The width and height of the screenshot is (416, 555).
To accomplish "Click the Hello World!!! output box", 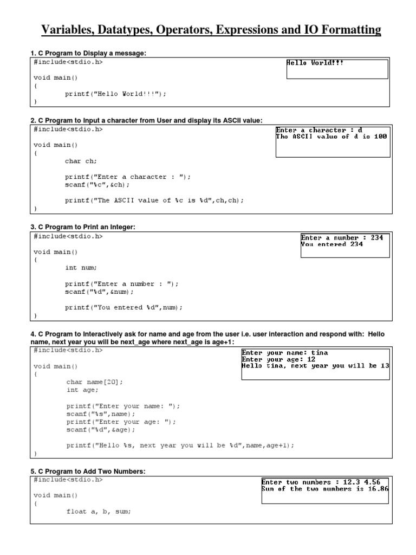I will coord(337,69).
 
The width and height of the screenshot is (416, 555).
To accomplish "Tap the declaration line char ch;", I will coord(81,161).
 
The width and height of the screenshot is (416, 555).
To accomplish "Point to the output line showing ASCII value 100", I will coord(331,137).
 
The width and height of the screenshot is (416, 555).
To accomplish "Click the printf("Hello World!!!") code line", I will coord(115,93).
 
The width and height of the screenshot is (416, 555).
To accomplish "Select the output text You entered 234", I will coord(332,244).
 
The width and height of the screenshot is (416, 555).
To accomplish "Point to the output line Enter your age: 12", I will coord(278,359).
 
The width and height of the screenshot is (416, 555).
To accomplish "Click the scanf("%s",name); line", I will coord(101,414).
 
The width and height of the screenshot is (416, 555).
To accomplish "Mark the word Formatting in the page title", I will coord(348,30).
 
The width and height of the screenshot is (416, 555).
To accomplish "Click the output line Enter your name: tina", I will coord(284,352).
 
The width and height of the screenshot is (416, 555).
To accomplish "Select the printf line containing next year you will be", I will coord(180,446).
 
